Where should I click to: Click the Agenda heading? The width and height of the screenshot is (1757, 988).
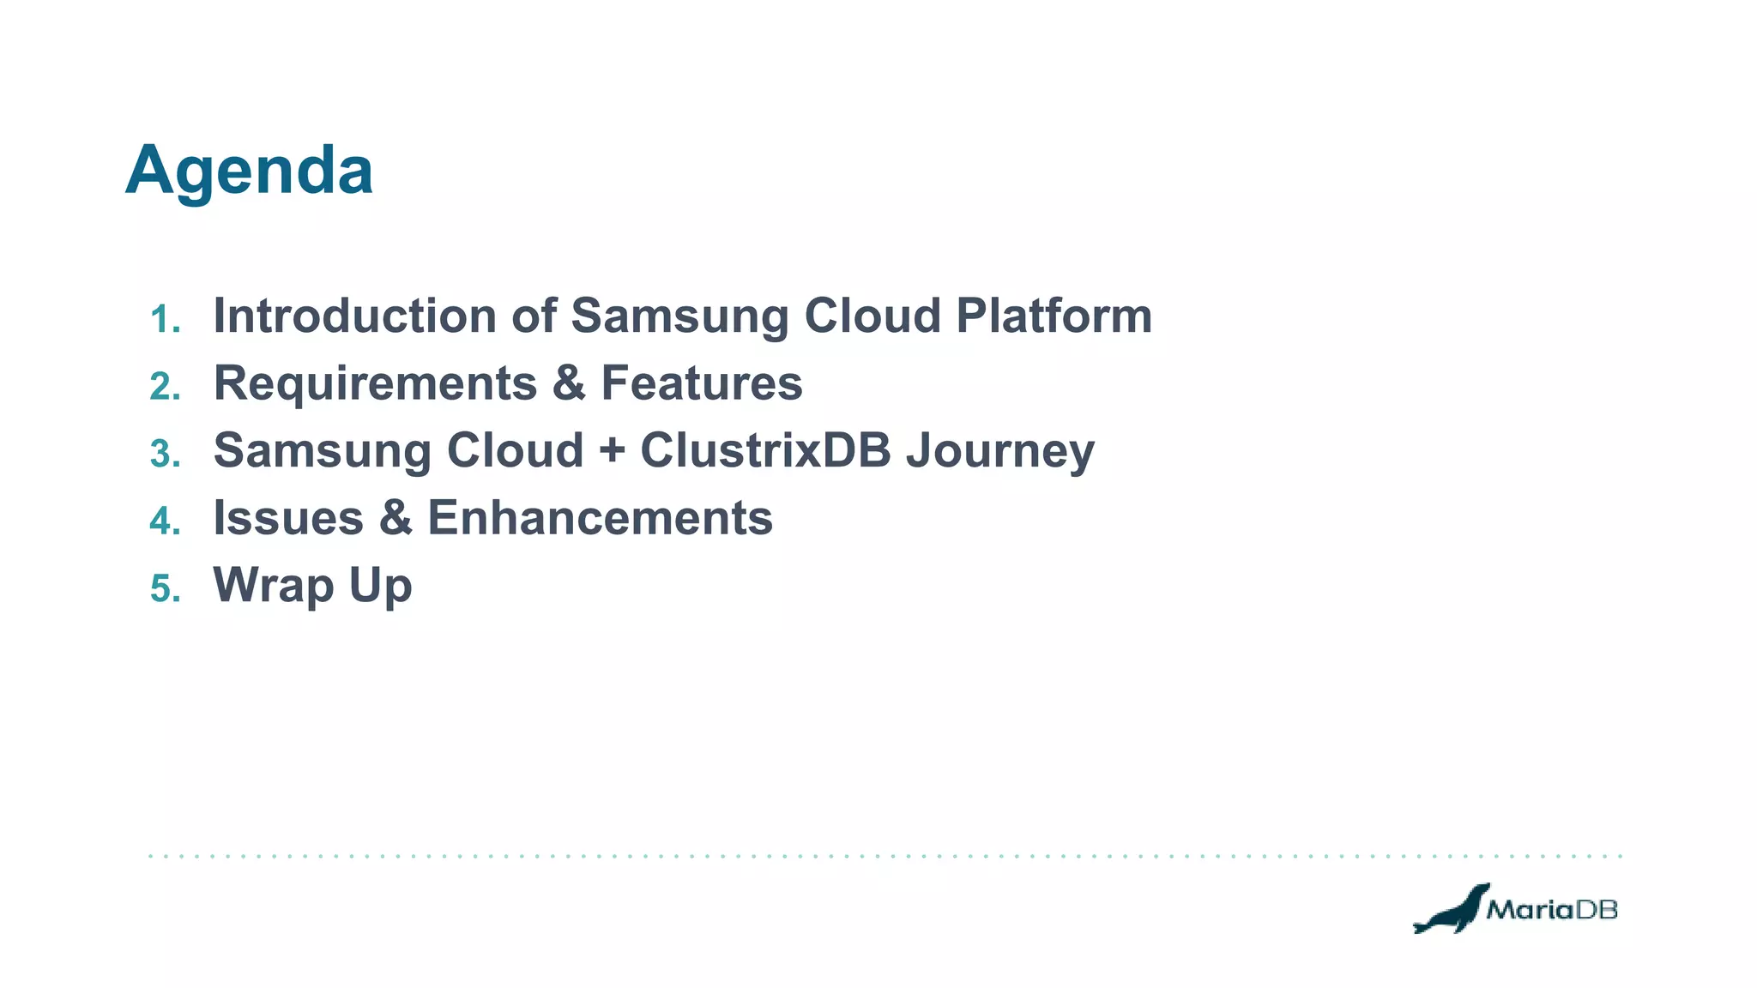click(x=249, y=172)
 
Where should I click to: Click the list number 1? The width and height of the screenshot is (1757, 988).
click(x=164, y=320)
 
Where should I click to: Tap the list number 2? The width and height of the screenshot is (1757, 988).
click(x=164, y=387)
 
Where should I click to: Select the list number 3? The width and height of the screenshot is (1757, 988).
click(x=164, y=455)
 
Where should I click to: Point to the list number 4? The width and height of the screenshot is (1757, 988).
click(x=164, y=521)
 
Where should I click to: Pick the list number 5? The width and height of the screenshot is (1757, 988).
click(x=164, y=589)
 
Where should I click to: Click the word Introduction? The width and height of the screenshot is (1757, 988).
click(x=354, y=316)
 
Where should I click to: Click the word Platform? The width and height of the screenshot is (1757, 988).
click(x=1054, y=316)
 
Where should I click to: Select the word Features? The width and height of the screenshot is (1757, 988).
click(x=701, y=383)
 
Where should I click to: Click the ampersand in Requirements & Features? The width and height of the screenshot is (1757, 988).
click(x=569, y=383)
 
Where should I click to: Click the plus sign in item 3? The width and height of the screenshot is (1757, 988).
click(x=612, y=452)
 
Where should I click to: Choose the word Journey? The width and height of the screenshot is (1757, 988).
click(x=1000, y=452)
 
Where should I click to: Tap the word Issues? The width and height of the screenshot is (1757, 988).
click(x=288, y=518)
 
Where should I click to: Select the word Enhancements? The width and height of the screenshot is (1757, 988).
click(x=600, y=518)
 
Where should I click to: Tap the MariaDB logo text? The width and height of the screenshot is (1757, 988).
click(x=1551, y=909)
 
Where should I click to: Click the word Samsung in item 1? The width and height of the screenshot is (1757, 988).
click(x=679, y=317)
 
